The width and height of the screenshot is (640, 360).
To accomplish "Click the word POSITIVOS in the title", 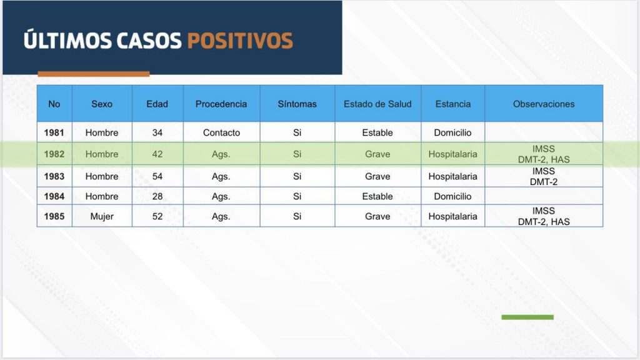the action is (240, 41).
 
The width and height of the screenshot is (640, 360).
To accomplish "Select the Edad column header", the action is (157, 104).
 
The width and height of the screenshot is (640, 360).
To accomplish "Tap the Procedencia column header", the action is (221, 104).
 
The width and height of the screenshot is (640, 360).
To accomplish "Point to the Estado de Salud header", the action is (377, 104).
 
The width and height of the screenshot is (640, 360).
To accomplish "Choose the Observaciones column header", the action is (544, 104).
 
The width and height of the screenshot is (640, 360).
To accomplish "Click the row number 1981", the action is (54, 132).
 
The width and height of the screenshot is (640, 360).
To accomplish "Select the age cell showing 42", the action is (157, 154).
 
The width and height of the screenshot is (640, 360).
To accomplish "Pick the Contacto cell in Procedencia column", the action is (222, 132).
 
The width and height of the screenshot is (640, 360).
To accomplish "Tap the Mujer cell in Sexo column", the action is (102, 216).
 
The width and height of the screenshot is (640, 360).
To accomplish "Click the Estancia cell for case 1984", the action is (452, 196).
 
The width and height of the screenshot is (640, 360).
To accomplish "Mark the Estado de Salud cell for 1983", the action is (377, 176).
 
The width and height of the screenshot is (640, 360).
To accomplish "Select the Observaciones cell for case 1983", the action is (544, 176).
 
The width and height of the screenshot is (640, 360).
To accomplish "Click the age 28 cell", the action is (157, 196).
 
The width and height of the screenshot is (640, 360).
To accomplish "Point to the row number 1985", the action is (54, 216).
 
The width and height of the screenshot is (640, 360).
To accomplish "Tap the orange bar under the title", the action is (94, 74).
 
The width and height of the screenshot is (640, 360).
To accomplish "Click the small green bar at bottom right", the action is (527, 317).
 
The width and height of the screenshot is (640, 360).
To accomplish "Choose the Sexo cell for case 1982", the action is (102, 154).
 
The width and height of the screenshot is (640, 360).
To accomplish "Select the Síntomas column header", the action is (297, 104).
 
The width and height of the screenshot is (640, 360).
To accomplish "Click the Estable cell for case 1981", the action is (377, 132).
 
